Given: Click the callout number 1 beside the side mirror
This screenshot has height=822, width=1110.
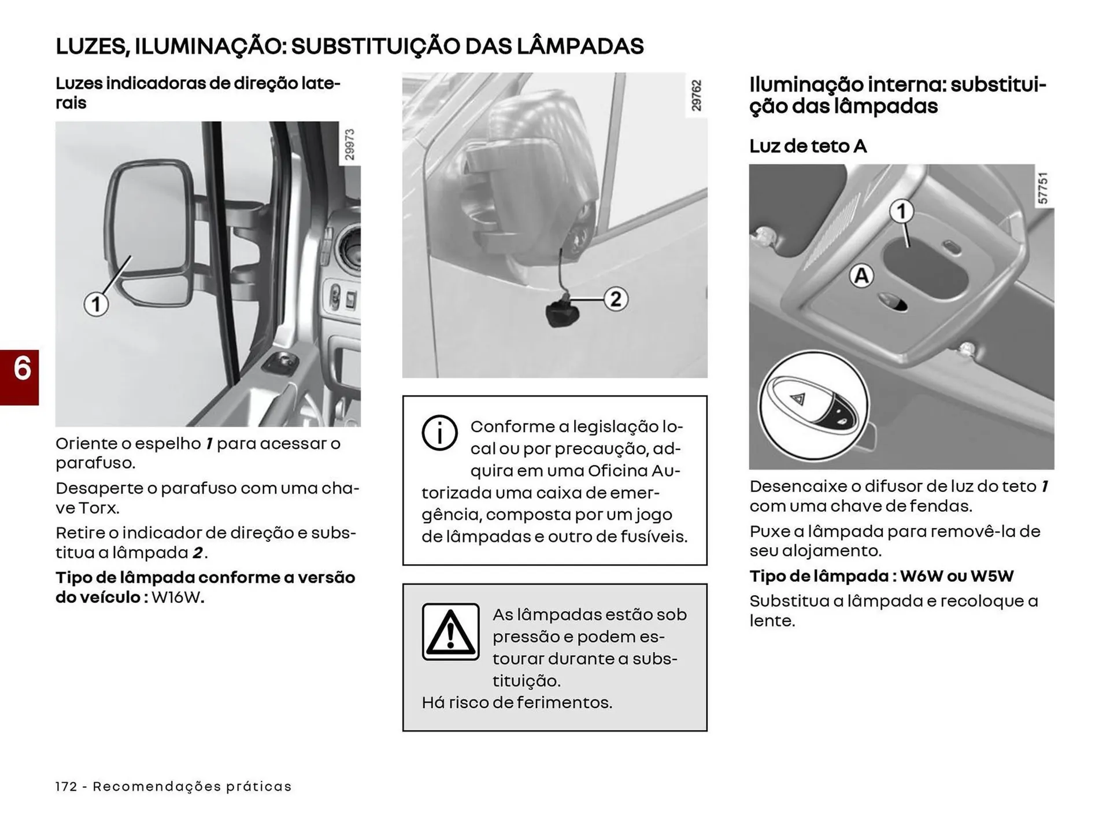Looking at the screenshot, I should coord(96,304).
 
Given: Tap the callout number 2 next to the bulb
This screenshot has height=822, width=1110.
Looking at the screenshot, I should coord(616,299).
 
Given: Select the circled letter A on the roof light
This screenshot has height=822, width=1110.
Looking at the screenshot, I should coord(861,276).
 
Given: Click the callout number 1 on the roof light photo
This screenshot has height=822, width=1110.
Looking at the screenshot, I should coord(901,212).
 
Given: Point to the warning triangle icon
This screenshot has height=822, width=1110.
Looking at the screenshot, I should coord(450,632).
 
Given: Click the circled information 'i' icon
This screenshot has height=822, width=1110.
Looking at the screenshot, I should coord(439,433).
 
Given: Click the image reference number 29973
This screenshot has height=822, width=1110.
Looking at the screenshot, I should coord(350,145).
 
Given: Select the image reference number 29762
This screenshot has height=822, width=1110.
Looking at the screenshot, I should coord(696,95).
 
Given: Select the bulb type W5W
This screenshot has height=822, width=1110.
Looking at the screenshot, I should coord(992,576).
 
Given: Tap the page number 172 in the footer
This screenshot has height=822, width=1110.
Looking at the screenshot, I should coord(66,787).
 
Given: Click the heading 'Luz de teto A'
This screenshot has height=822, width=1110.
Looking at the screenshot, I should coord(808,146).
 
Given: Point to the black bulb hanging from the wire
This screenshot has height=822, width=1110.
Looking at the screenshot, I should coord(560,313).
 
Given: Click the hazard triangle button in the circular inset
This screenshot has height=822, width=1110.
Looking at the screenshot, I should coord(799,399).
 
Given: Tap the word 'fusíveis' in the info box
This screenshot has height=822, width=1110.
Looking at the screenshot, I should coord(654,537).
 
